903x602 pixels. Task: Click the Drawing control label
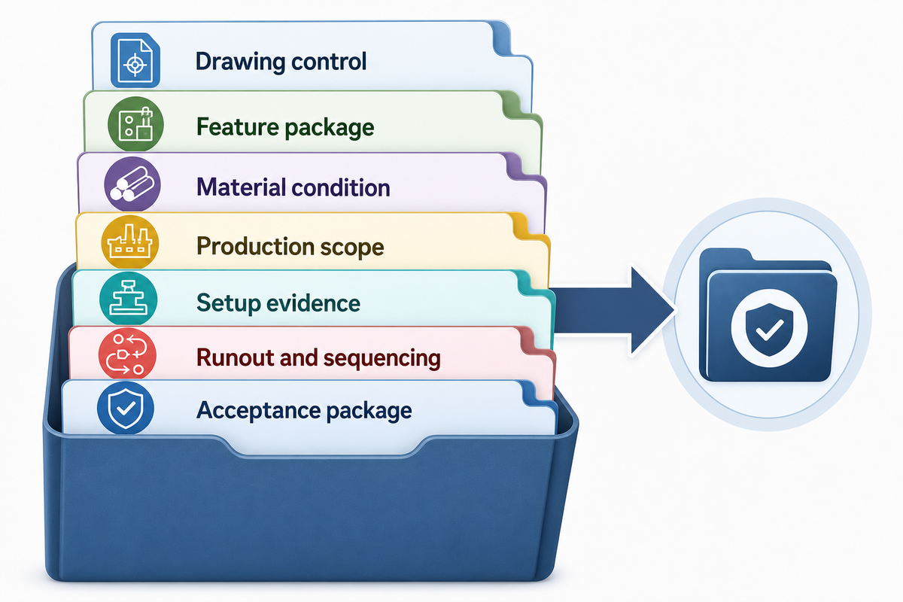[281, 62]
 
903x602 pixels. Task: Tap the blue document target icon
[135, 60]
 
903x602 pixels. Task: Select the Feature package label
[285, 127]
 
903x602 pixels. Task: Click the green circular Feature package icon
[135, 124]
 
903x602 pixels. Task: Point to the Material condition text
[293, 187]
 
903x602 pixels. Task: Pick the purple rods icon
[132, 184]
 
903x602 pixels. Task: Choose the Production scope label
[290, 246]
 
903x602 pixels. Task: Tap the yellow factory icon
[129, 242]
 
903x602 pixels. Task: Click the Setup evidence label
[278, 303]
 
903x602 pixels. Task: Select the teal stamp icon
[128, 299]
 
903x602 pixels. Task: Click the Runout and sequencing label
[318, 358]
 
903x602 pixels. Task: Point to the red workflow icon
[127, 354]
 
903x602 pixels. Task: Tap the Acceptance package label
[304, 410]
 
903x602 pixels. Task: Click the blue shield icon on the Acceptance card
[126, 408]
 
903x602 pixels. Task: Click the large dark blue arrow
[613, 312]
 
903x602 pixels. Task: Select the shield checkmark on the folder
[769, 328]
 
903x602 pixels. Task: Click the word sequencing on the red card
[382, 359]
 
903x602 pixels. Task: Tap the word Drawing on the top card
[240, 62]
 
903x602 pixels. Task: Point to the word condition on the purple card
[341, 187]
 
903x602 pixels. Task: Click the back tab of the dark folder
[725, 257]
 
